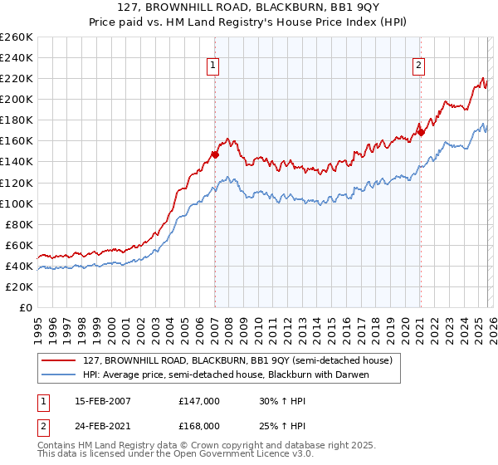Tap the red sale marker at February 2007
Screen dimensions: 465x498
click(215, 154)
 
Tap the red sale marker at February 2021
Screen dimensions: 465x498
click(421, 132)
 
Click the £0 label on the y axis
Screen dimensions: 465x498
click(27, 307)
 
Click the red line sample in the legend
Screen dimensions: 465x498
click(59, 360)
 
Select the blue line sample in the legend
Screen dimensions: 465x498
click(59, 374)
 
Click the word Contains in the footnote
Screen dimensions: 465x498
click(58, 447)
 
